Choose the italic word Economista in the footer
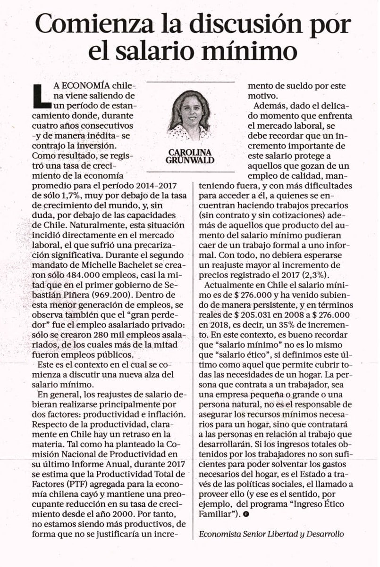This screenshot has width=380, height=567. point(219,534)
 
